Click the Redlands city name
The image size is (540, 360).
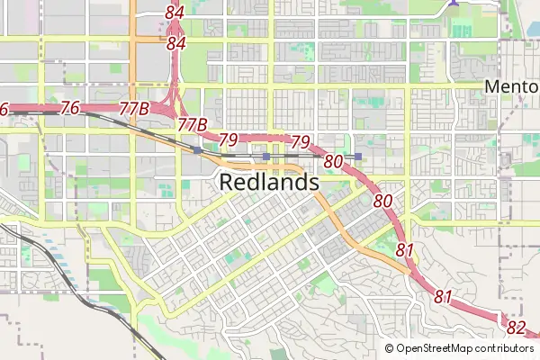pos(269,183)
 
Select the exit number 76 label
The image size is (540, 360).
pos(71,108)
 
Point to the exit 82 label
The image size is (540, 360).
pos(516,327)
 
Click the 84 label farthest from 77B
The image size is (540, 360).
pos(175,13)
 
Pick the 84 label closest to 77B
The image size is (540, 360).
pos(176,43)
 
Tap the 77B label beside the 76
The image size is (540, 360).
pos(133,109)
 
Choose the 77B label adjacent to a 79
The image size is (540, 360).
pos(193,123)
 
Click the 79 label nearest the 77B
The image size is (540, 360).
pos(229,139)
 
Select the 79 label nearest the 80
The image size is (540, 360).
pos(301,142)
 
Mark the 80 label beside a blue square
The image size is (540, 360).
pos(334,162)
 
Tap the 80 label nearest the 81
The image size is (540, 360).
pos(382,201)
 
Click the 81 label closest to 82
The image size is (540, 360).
pos(443,296)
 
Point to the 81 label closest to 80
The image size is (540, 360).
pos(405,249)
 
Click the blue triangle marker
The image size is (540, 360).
pos(454,3)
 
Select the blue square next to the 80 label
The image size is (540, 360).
pos(358,157)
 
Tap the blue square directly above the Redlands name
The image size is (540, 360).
pos(266,157)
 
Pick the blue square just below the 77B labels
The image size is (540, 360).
pos(197,151)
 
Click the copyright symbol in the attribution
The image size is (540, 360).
pos(390,348)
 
